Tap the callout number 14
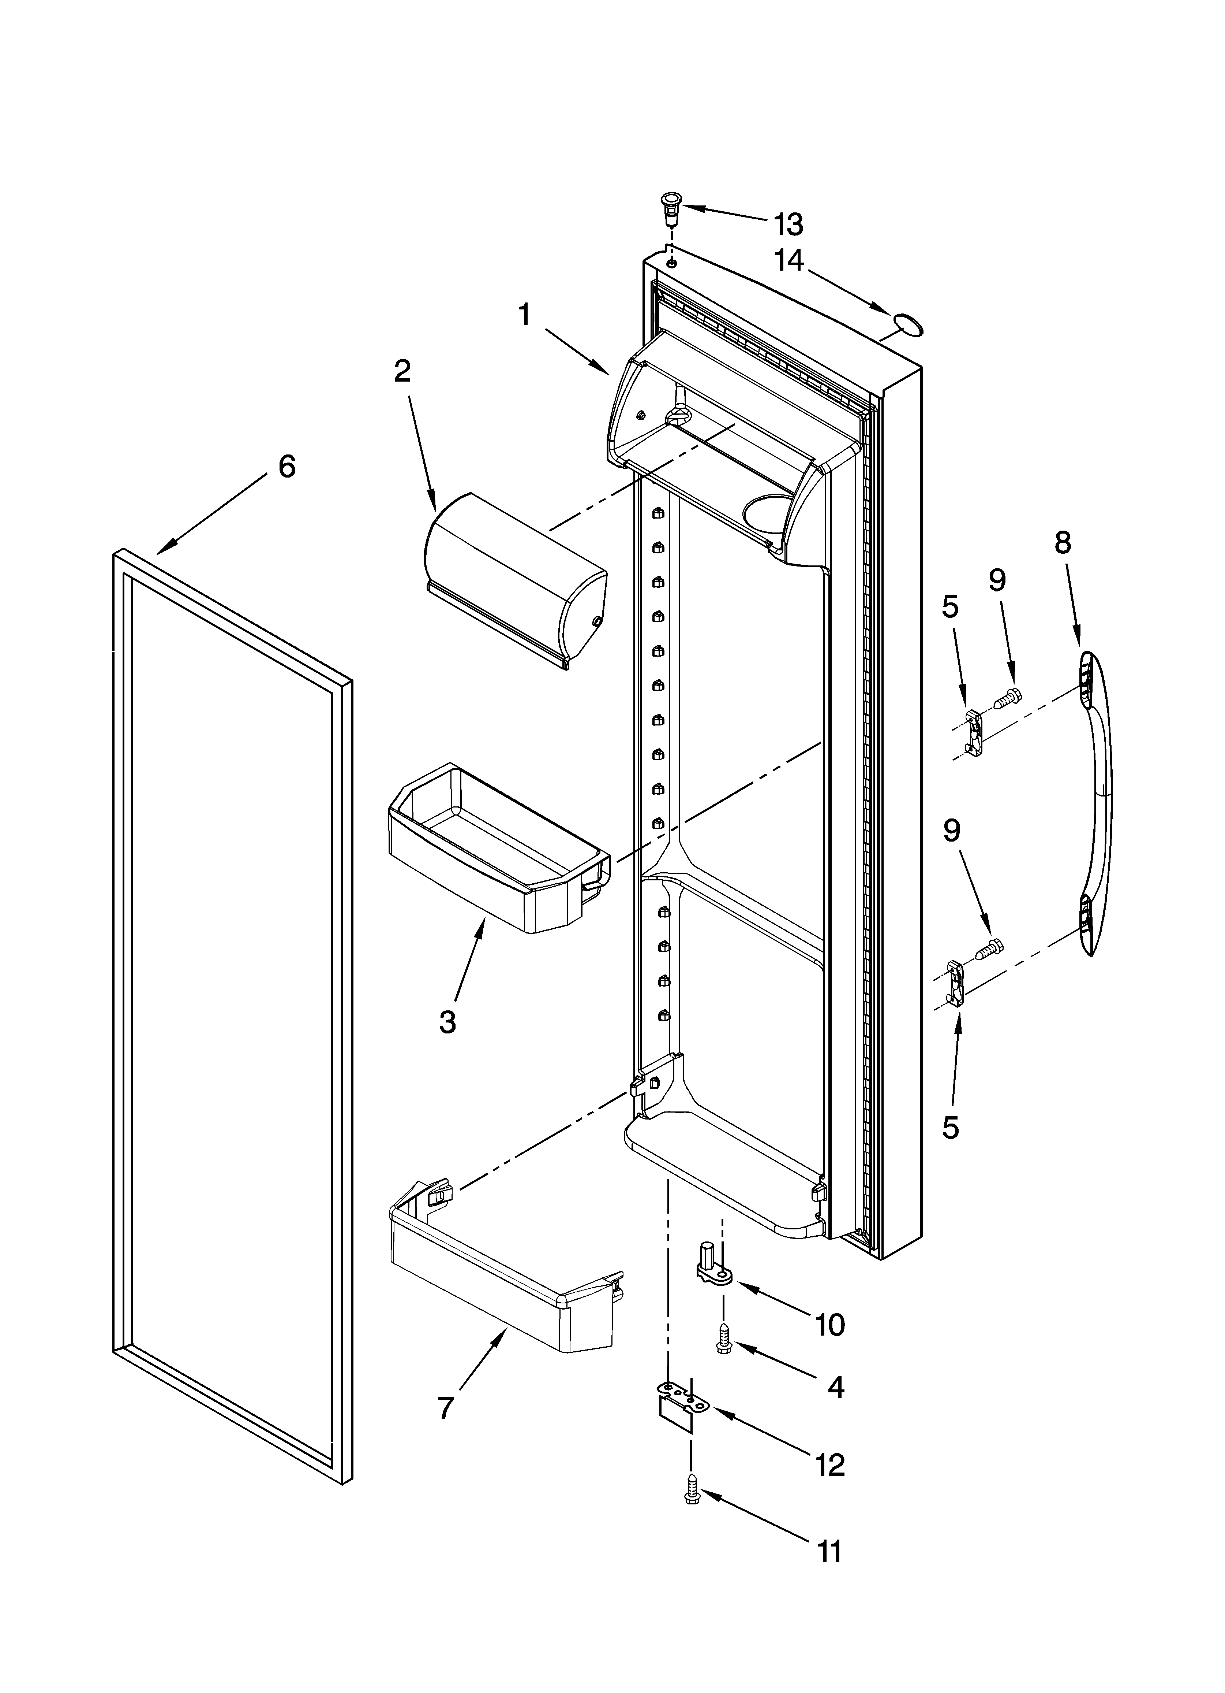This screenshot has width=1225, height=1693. (788, 260)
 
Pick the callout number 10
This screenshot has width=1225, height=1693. (829, 1325)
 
